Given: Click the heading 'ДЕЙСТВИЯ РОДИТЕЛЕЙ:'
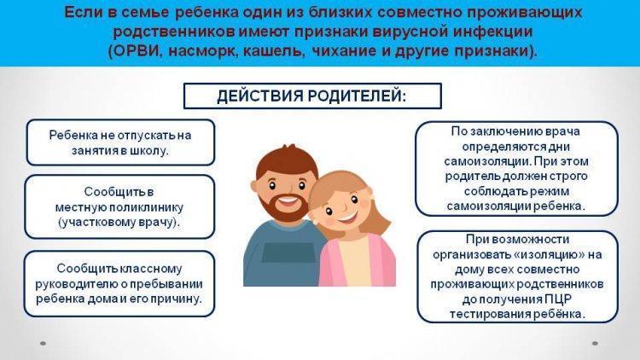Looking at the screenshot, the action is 311,96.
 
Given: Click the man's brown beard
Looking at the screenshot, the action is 287,207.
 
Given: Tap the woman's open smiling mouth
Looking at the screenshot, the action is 346,216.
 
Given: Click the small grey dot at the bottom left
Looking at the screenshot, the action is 43,343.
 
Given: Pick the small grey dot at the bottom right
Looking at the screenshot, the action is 595,343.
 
